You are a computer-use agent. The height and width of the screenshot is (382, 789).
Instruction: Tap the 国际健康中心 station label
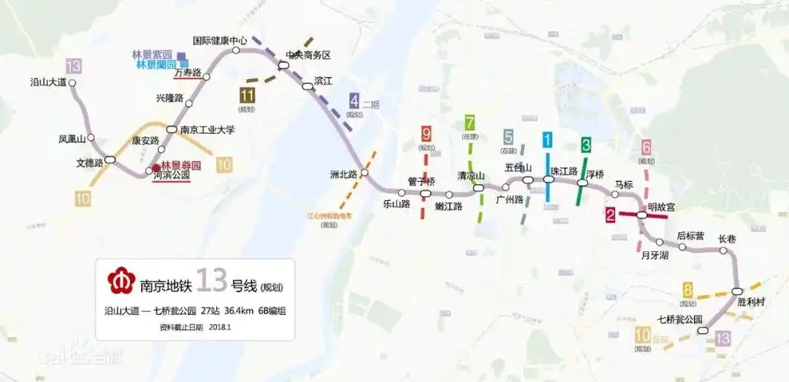(220, 40)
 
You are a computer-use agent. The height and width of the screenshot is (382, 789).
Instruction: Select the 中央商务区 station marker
(283, 66)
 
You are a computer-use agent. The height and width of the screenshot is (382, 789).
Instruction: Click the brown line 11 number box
(247, 95)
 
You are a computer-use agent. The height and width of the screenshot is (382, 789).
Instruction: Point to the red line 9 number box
(426, 134)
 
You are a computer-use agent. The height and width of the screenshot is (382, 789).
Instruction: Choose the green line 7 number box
(470, 122)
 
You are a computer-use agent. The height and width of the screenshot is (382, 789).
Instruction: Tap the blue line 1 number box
(548, 140)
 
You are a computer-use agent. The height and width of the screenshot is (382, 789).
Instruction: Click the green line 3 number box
(586, 144)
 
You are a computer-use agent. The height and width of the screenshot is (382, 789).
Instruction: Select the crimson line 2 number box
(610, 215)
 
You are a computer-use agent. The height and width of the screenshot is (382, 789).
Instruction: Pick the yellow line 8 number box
(687, 290)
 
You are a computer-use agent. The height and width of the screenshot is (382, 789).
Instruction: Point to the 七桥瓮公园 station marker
(703, 331)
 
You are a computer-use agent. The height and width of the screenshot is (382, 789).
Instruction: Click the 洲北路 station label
(344, 174)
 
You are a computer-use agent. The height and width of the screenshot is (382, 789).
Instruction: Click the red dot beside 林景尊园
(155, 167)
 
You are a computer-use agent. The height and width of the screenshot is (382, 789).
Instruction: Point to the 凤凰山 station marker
(91, 138)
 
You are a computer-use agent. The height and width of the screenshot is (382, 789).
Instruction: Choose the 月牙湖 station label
(655, 255)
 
